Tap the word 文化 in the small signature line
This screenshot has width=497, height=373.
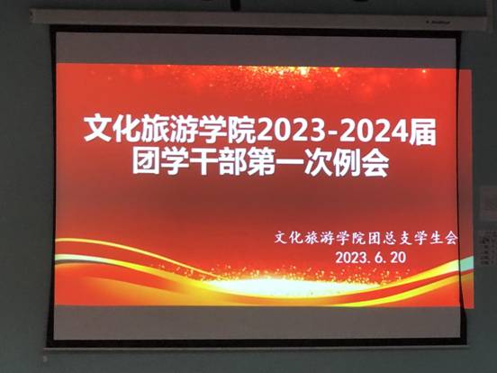292,240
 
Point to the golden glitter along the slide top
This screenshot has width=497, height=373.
270,70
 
